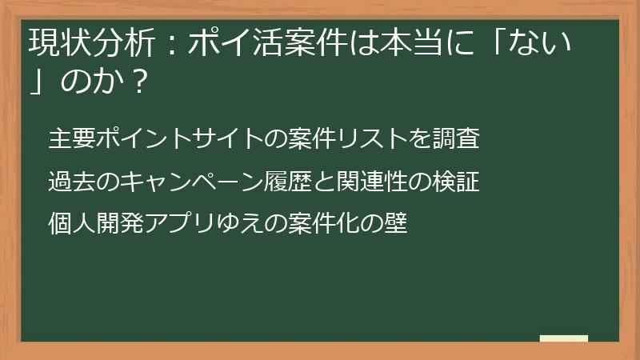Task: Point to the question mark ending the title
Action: coord(140,82)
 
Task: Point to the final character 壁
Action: coord(395,223)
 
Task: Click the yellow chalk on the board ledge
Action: coord(563,338)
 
